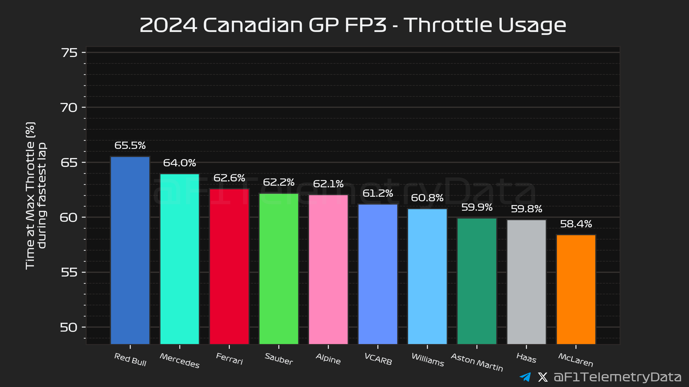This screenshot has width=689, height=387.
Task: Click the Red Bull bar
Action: (x=130, y=250)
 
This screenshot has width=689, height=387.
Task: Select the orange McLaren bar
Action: (x=576, y=289)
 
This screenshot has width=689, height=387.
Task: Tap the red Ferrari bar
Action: (x=229, y=266)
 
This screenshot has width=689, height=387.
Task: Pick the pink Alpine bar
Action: (x=328, y=269)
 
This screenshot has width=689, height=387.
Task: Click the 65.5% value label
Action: (x=130, y=146)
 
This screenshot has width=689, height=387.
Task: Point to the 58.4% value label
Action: (x=576, y=224)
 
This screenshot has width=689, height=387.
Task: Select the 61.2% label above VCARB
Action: (x=378, y=193)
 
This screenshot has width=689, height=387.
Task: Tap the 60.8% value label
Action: (x=427, y=198)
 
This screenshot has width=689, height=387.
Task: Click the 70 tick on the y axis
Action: (x=69, y=108)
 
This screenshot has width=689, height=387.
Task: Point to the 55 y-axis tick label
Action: (x=69, y=273)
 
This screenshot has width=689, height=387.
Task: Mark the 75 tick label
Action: (x=69, y=53)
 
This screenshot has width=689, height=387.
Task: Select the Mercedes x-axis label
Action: (x=180, y=361)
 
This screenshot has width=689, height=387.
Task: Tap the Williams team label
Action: (x=428, y=360)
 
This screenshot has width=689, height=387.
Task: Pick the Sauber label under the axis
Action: (x=279, y=359)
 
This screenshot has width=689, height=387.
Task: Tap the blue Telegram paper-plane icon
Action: (x=525, y=377)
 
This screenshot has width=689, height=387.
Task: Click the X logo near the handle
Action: (x=543, y=377)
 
